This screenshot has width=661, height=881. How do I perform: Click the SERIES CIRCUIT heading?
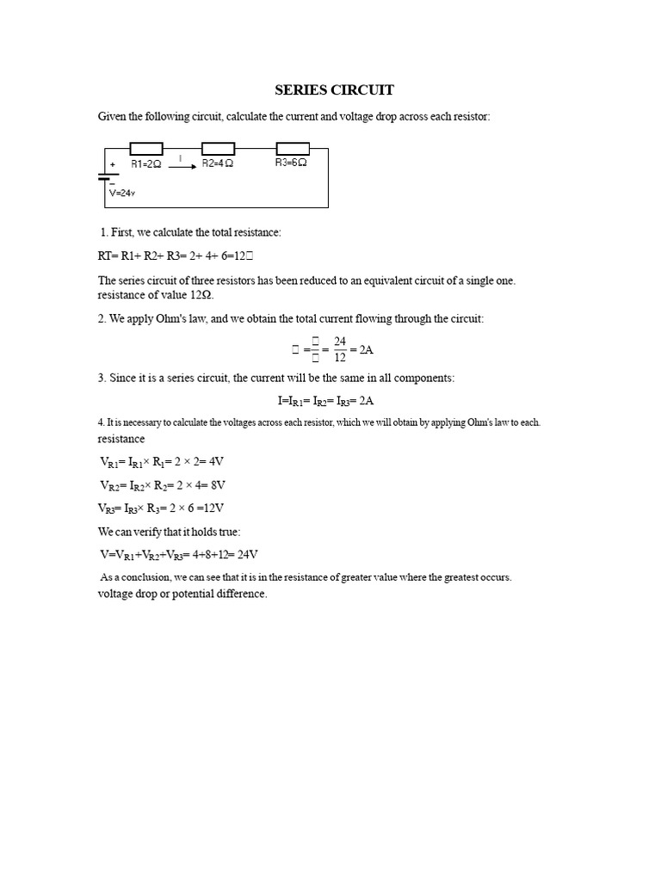[x=334, y=89]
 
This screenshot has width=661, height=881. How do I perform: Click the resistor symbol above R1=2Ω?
[x=145, y=149]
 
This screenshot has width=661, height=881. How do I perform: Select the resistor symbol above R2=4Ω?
[x=218, y=149]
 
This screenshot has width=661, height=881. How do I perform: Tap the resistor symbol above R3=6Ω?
[x=292, y=149]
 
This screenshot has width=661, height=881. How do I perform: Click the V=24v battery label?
[x=122, y=194]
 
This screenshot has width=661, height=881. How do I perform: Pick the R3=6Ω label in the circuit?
[x=291, y=163]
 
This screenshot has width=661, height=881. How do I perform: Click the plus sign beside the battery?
[x=113, y=164]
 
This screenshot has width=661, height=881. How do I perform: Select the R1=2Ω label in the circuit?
[x=145, y=163]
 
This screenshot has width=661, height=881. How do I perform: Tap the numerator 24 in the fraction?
[x=340, y=342]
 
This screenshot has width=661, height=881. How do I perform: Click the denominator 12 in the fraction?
[x=340, y=358]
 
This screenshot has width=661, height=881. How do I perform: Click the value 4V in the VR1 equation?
[x=216, y=461]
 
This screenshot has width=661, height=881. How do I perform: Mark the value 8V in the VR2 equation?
[x=217, y=484]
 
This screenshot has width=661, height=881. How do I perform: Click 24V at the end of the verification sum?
[x=246, y=555]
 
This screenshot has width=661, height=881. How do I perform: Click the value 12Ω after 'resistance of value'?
[x=201, y=295]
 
